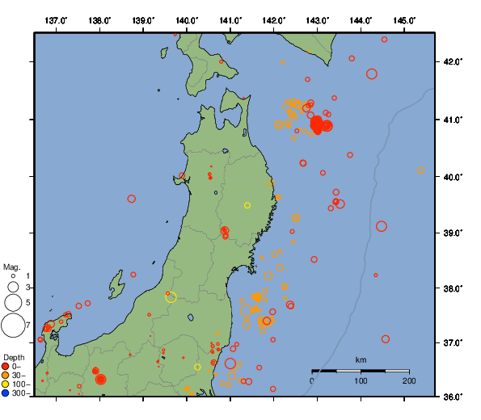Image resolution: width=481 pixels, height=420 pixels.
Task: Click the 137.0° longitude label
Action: [x=56, y=19]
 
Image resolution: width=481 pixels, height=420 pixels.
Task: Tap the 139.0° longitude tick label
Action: [x=142, y=19]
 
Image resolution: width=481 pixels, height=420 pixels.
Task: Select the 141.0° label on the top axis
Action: [x=230, y=19]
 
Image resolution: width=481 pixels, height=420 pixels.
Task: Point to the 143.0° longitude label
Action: [x=318, y=19]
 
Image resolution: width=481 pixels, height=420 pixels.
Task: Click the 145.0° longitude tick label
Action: [x=405, y=19]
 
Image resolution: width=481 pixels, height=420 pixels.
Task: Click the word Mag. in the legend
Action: [x=11, y=267]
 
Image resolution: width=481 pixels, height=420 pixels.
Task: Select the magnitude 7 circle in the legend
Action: [x=12, y=326]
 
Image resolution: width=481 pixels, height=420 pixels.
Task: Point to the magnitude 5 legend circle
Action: [x=12, y=302]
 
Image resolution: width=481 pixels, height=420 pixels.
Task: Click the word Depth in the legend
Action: [x=14, y=357]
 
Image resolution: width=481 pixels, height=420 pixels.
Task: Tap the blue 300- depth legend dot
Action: [x=6, y=393]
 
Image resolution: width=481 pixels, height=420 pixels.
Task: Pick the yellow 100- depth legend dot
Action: [x=6, y=384]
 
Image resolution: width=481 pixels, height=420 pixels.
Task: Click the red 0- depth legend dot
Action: [x=6, y=367]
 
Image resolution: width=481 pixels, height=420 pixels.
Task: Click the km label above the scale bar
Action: [x=361, y=359]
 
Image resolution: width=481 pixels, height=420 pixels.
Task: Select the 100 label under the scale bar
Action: [x=361, y=380]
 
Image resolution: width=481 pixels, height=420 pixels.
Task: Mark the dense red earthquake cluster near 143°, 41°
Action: [x=319, y=125]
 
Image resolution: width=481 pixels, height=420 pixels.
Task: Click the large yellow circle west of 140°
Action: [x=171, y=297]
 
